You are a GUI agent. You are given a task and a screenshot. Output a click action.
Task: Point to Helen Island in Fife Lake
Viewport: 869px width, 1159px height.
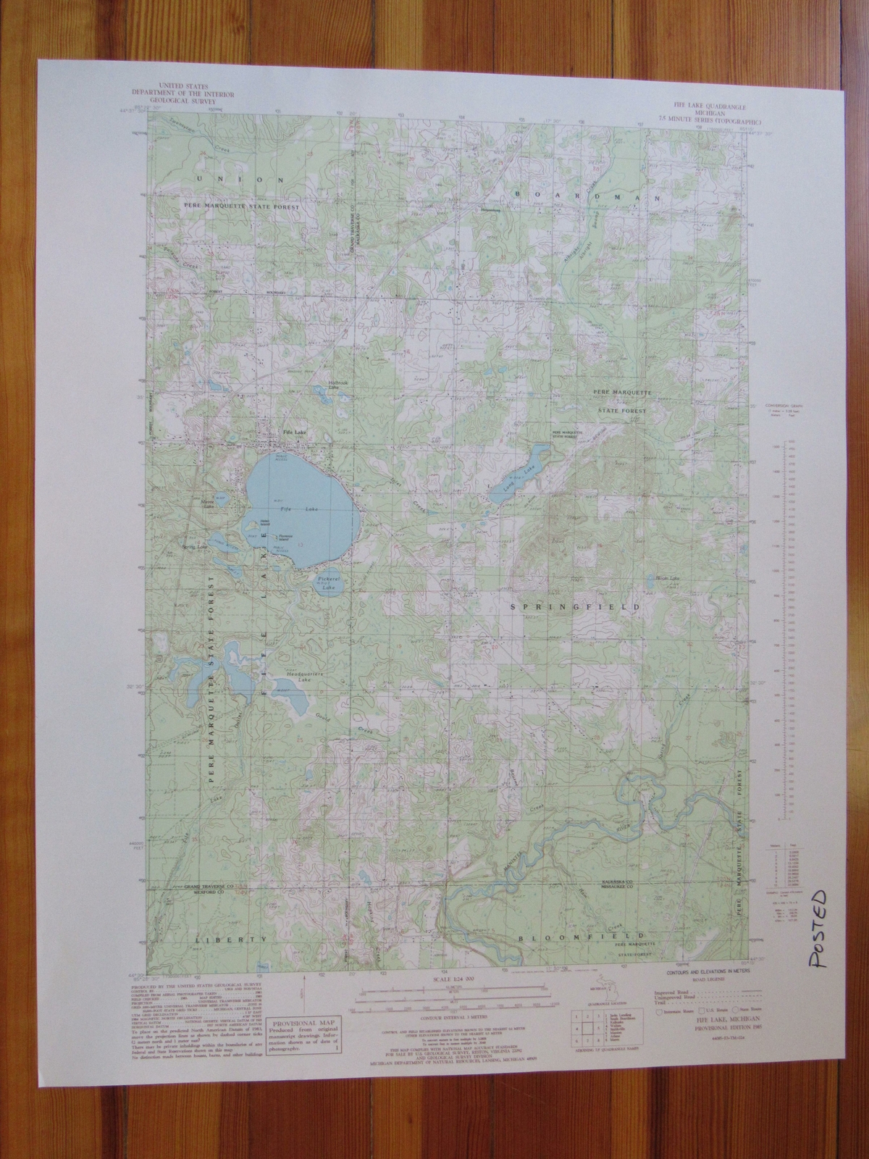(x=265, y=521)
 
